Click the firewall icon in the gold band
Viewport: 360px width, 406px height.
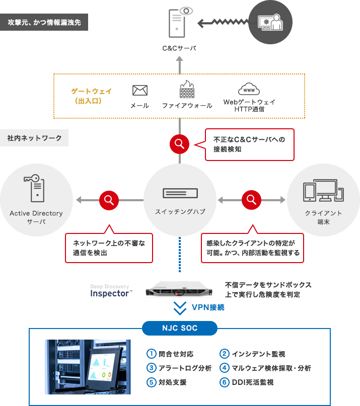click(187, 90)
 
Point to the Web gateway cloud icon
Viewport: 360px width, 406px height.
click(249, 90)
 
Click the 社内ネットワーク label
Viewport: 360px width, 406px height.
click(35, 137)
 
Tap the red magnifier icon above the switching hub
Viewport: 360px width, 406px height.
click(179, 144)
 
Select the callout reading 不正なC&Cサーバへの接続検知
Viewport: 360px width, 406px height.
click(245, 144)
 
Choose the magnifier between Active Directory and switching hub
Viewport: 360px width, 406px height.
click(109, 200)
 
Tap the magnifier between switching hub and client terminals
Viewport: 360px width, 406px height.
click(251, 200)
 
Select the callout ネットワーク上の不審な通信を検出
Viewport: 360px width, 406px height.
click(109, 248)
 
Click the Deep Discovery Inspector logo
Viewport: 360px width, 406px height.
click(111, 291)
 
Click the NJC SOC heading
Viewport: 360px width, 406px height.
click(180, 328)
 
